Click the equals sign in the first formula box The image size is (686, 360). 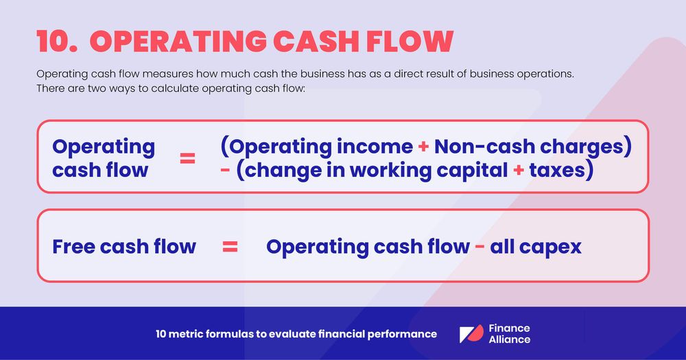pos(187,158)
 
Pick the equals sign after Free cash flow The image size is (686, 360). pos(230,247)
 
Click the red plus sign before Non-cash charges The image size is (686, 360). pos(424,147)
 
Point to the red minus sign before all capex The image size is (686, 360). pos(482,247)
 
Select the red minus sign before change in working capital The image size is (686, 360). pos(225,169)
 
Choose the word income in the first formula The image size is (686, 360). pos(377,147)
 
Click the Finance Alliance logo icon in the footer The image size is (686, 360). pos(471,334)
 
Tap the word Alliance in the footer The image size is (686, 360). pos(509,339)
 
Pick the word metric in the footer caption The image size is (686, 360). pos(191,334)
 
